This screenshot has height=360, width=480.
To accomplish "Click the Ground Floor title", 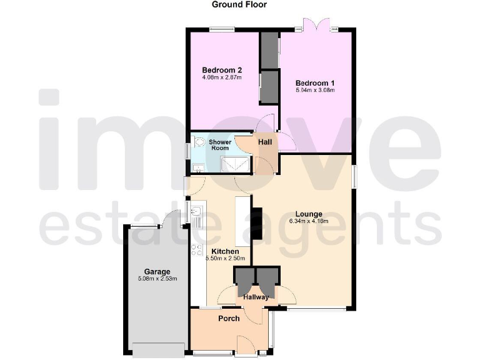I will [239, 5].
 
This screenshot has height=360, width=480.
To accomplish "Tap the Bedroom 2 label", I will [222, 70].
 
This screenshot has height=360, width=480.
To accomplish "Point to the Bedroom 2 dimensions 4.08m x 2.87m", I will [222, 78].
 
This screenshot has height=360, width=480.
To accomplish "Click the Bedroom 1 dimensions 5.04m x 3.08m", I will [315, 91].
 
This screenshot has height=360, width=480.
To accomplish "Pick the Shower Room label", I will [220, 145].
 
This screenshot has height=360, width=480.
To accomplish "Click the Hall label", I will [265, 142].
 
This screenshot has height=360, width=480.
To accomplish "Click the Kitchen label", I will [225, 251].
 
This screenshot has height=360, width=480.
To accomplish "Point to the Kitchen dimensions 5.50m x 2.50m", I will [225, 258].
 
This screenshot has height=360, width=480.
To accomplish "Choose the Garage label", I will [157, 271].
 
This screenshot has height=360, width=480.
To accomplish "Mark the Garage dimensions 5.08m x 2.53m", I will [157, 279].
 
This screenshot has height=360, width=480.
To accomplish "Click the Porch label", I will [229, 319].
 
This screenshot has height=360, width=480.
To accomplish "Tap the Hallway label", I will [256, 297].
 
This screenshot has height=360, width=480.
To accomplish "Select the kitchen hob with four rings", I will [196, 250].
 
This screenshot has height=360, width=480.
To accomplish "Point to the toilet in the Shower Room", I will [199, 142].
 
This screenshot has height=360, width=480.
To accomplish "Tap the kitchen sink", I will [196, 214].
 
